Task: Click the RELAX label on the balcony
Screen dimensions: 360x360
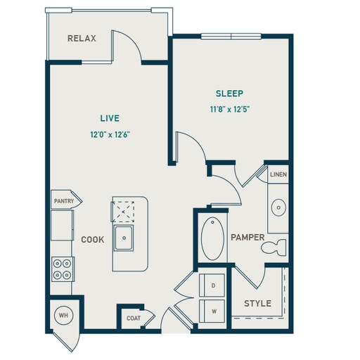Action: click(x=82, y=39)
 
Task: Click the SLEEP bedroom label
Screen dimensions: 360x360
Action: click(x=229, y=93)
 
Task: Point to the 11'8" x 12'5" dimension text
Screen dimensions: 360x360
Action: click(x=229, y=109)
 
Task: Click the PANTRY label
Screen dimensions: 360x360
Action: click(x=63, y=201)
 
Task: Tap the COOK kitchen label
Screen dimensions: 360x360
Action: click(x=92, y=240)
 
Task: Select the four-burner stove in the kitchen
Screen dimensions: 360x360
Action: click(x=62, y=267)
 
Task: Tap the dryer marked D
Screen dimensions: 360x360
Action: click(x=213, y=286)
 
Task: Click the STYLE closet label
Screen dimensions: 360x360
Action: click(x=257, y=304)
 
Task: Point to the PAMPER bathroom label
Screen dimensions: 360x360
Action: click(x=247, y=238)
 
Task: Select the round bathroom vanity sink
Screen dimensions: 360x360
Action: click(x=278, y=207)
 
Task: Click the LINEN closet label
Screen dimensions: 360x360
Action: click(x=278, y=174)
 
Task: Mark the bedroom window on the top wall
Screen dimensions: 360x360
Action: click(x=231, y=35)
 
